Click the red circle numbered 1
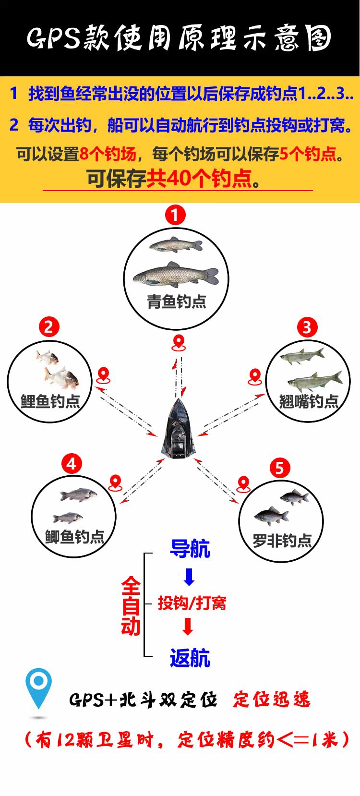point(175,215)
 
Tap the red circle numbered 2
point(48,327)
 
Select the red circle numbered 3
point(307,327)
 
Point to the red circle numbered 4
point(72,464)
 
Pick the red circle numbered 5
point(280,468)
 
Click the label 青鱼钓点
point(177,302)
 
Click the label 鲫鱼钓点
point(74,537)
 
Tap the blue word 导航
point(190,549)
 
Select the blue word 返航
point(190,658)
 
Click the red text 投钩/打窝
point(192,603)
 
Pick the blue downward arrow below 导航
point(190,577)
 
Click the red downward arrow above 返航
point(188,627)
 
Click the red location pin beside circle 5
point(244,484)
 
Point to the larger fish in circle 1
point(176,275)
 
